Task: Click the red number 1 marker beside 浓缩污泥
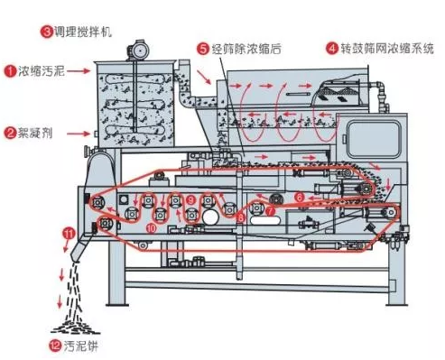[11, 69]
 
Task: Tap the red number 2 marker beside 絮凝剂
[11, 133]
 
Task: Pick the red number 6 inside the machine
[299, 196]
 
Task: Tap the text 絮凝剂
[37, 133]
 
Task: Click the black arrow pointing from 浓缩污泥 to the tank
[83, 69]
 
